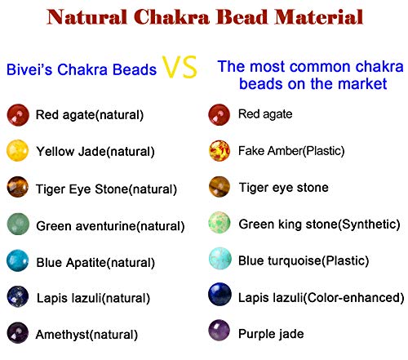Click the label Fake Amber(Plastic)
click(291, 151)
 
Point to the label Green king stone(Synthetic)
click(318, 224)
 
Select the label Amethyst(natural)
click(86, 334)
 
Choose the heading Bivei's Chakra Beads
click(82, 69)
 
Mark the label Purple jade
click(271, 334)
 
